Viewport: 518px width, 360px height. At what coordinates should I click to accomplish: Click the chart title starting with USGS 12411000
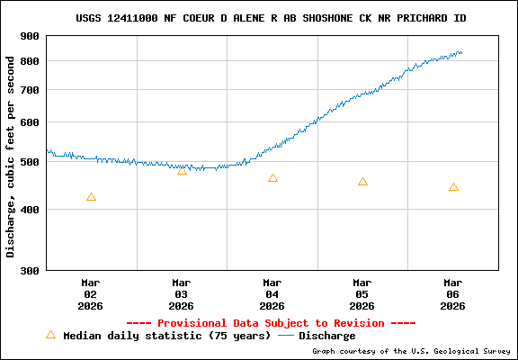271,18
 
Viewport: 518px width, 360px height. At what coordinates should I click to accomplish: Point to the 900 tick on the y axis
30,36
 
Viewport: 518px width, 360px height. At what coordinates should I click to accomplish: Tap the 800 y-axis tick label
30,61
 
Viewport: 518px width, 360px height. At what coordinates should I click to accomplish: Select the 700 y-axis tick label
30,90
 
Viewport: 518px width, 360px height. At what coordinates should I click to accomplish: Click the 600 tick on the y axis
30,122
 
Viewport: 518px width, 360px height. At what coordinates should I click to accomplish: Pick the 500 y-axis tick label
30,162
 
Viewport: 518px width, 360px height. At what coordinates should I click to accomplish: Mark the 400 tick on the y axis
30,210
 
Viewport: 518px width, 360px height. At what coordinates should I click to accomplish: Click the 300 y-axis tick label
30,271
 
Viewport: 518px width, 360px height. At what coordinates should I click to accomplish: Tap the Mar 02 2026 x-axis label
91,293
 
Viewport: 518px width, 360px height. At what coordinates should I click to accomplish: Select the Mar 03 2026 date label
182,293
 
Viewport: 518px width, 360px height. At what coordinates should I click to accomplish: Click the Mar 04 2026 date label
272,293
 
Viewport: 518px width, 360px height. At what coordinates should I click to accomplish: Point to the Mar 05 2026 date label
362,293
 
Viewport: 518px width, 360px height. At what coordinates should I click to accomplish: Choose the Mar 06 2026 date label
453,293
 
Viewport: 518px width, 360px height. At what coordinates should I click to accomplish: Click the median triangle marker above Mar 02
91,197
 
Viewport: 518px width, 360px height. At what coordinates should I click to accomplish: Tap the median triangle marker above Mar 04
272,178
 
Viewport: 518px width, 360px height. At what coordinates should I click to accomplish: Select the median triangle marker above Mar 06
453,187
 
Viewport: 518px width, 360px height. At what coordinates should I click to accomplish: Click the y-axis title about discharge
11,156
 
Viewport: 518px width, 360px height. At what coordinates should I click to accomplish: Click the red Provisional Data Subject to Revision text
271,323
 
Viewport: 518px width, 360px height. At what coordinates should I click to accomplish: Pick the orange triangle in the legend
50,335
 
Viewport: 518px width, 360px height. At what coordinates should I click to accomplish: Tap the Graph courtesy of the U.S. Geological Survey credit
411,351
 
